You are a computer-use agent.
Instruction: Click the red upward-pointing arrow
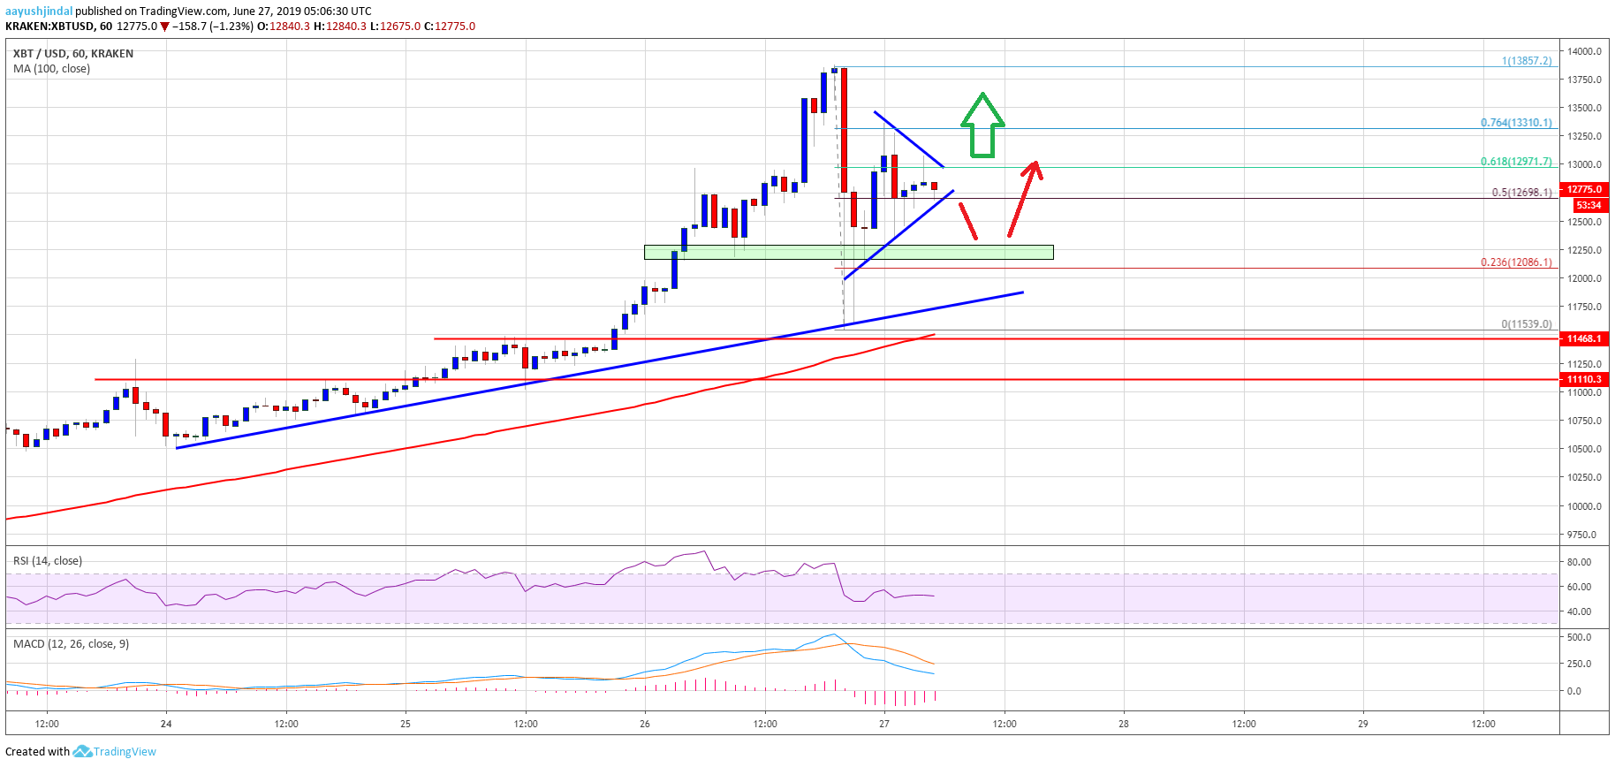point(1025,199)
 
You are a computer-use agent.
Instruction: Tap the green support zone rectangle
point(848,253)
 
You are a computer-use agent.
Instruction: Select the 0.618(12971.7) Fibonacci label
point(1516,162)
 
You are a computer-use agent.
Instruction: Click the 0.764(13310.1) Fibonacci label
point(1516,123)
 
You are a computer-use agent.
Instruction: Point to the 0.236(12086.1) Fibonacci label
point(1516,262)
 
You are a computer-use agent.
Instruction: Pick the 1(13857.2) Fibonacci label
point(1527,61)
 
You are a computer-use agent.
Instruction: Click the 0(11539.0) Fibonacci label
point(1527,324)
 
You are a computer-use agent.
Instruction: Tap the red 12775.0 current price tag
point(1585,189)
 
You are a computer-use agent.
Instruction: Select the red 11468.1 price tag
point(1585,338)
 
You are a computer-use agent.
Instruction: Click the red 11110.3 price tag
point(1585,379)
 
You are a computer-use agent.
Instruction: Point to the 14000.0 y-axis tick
point(1585,51)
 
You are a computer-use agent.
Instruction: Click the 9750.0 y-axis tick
point(1582,535)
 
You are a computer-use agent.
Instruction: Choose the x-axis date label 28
point(1124,724)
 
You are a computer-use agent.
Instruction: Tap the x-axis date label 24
point(166,724)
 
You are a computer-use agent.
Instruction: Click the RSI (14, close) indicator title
point(48,561)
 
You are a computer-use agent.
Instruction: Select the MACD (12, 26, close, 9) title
point(71,644)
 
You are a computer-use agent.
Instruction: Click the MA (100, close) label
point(51,69)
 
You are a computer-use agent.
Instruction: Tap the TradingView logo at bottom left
point(115,752)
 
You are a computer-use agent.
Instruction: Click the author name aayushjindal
point(39,11)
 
